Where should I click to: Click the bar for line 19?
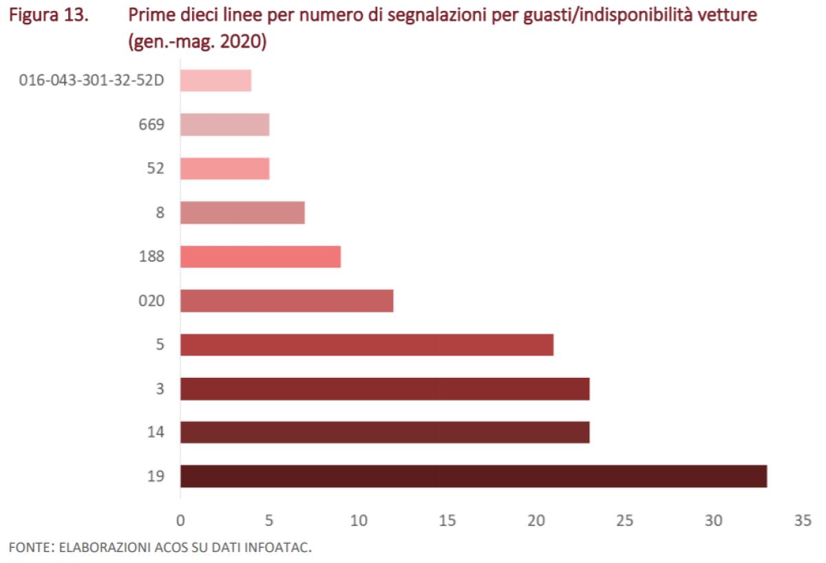[474, 476]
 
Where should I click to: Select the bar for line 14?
[385, 432]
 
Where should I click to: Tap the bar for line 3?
[385, 389]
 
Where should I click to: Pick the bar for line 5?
[367, 345]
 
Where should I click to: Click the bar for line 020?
[286, 301]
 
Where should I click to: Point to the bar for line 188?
[260, 257]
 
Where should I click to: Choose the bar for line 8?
[242, 213]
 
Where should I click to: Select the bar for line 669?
[224, 125]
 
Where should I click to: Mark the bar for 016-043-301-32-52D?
[215, 81]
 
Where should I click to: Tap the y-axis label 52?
[156, 169]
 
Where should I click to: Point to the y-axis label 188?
[151, 257]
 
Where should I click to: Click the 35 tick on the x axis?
[803, 521]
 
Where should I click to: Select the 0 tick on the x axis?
[180, 521]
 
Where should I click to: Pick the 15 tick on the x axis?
[447, 521]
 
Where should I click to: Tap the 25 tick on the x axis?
[625, 521]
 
